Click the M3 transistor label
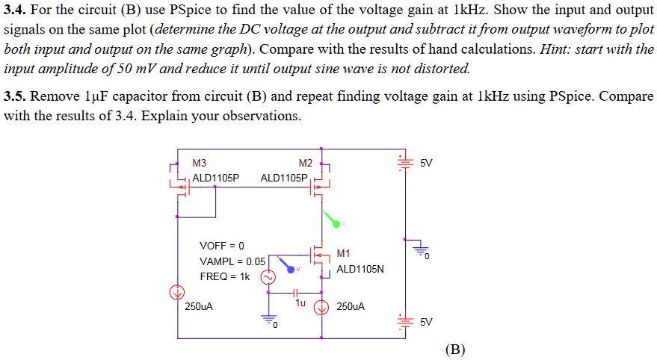pyautogui.click(x=200, y=163)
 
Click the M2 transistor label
pyautogui.click(x=305, y=164)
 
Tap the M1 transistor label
pyautogui.click(x=344, y=254)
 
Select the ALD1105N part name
pyautogui.click(x=360, y=269)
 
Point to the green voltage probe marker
pyautogui.click(x=334, y=221)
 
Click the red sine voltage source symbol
pyautogui.click(x=267, y=278)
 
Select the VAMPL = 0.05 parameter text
pyautogui.click(x=232, y=261)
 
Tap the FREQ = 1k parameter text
pyautogui.click(x=225, y=276)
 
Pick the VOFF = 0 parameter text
pyautogui.click(x=222, y=246)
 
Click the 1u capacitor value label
pyautogui.click(x=300, y=304)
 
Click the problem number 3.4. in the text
pyautogui.click(x=16, y=11)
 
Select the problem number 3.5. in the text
pyautogui.click(x=16, y=97)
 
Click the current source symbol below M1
pyautogui.click(x=322, y=306)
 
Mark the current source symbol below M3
pyautogui.click(x=177, y=291)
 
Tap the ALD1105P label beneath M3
pyautogui.click(x=216, y=178)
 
